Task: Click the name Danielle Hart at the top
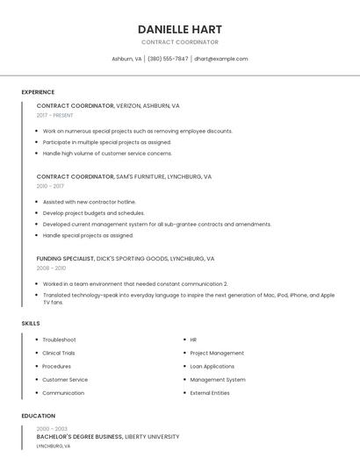pos(180,29)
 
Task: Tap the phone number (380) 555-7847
pos(167,59)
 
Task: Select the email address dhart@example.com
pos(221,59)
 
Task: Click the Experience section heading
pos(38,92)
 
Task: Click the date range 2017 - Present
pos(54,115)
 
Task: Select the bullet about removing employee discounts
pos(137,131)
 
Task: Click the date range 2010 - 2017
pos(50,186)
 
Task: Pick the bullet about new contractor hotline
pos(89,202)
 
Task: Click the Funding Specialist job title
pos(65,259)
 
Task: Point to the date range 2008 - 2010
pos(51,268)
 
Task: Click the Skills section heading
pos(31,324)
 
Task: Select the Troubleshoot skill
pos(59,340)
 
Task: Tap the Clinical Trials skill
pos(59,353)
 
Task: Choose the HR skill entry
pos(193,340)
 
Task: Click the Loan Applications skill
pos(212,366)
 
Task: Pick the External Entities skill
pos(210,392)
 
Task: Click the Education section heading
pos(39,416)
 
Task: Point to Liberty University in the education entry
pos(152,436)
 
